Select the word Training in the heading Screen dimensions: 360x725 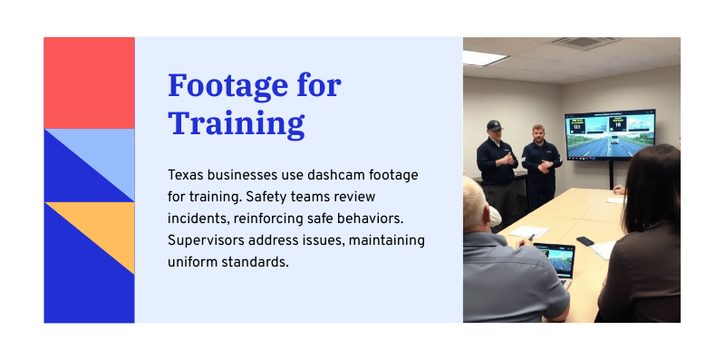(x=237, y=123)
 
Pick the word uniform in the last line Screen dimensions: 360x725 (x=194, y=262)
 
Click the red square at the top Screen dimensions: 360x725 (x=89, y=83)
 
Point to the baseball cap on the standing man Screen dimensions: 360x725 (x=494, y=125)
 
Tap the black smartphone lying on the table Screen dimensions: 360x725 (x=585, y=241)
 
